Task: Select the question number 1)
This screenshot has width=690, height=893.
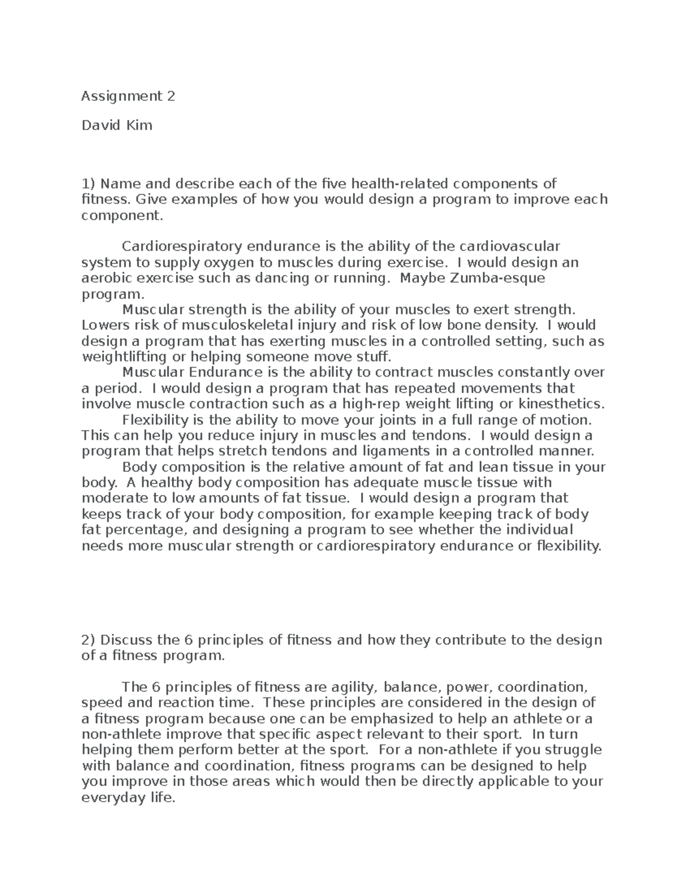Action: click(x=89, y=184)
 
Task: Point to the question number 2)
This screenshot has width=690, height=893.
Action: click(x=90, y=640)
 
